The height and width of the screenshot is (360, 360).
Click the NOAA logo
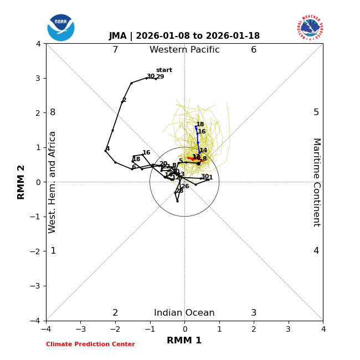click(x=61, y=27)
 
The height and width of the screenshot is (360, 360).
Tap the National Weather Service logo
click(x=310, y=27)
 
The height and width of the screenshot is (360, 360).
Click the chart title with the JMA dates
click(x=184, y=36)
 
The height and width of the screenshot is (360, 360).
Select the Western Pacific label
click(x=184, y=50)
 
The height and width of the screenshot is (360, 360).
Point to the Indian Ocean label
click(x=184, y=313)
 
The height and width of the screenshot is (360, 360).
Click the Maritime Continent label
click(x=316, y=182)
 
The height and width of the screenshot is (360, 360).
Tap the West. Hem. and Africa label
click(x=53, y=182)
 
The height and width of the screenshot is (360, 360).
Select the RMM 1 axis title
click(x=184, y=341)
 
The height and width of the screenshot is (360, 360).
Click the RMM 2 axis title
click(x=22, y=182)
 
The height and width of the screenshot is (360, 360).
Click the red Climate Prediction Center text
click(x=90, y=344)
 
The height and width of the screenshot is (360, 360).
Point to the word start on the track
click(x=164, y=70)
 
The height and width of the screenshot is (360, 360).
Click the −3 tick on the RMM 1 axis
click(x=80, y=329)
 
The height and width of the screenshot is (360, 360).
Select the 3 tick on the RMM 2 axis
click(x=38, y=78)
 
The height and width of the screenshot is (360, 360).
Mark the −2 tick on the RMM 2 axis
click(x=36, y=251)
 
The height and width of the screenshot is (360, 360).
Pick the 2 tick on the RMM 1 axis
click(x=254, y=329)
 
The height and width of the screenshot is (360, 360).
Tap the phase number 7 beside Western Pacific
click(x=115, y=50)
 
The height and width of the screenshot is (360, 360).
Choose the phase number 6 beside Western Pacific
click(x=254, y=50)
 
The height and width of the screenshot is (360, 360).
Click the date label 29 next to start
click(x=160, y=77)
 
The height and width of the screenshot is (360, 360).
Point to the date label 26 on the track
click(x=185, y=187)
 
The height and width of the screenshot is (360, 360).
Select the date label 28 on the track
click(x=179, y=191)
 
